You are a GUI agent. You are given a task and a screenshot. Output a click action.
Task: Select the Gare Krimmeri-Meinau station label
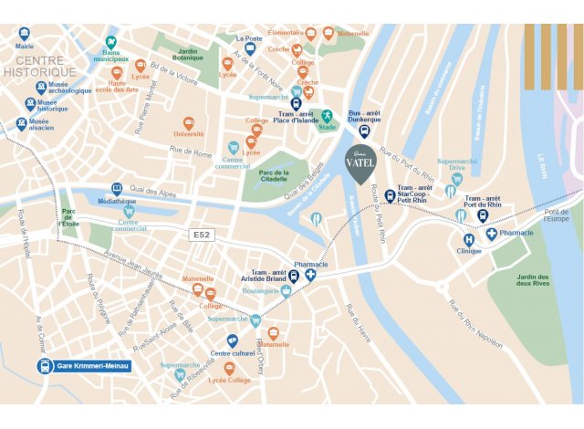pyautogui.click(x=83, y=366)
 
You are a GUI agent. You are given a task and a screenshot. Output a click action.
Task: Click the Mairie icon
pyautogui.click(x=24, y=35)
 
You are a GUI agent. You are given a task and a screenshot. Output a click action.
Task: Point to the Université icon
pyautogui.click(x=188, y=122)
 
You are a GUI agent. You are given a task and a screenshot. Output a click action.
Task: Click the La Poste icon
pyautogui.click(x=250, y=49)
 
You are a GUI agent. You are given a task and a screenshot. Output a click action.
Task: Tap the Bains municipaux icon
pyautogui.click(x=111, y=43)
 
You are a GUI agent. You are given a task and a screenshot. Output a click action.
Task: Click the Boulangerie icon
pyautogui.click(x=286, y=291)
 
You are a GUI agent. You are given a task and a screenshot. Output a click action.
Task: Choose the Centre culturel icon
pyautogui.click(x=233, y=340)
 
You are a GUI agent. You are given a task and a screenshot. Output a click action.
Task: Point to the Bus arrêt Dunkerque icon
pyautogui.click(x=364, y=131)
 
